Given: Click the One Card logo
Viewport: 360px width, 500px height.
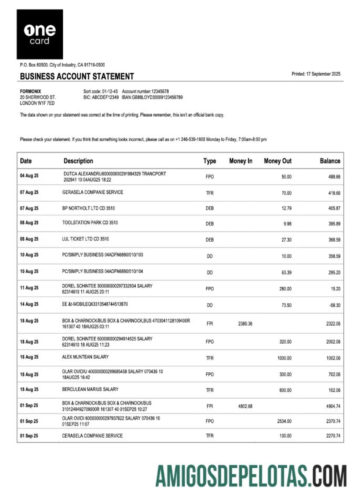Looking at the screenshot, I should (x=39, y=34).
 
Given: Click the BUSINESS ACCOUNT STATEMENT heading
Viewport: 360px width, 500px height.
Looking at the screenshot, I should (x=77, y=76).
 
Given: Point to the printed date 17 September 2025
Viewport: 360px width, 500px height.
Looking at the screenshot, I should (x=316, y=74).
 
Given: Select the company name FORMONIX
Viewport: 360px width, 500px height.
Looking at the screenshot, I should (x=30, y=91).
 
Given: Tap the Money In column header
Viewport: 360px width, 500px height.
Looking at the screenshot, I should (x=241, y=161).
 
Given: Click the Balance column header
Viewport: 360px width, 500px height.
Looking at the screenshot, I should (x=330, y=161).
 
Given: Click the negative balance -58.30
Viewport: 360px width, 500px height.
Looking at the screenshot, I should (x=334, y=305).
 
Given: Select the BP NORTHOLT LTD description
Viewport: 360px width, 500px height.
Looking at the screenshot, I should (x=88, y=209).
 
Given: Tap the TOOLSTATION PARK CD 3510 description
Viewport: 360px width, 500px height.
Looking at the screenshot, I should (x=90, y=223).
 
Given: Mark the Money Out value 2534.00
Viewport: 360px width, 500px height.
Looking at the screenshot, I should (x=284, y=421).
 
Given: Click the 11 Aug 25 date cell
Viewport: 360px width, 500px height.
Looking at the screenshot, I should (x=29, y=288).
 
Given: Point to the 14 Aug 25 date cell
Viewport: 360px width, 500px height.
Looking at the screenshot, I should (x=29, y=305).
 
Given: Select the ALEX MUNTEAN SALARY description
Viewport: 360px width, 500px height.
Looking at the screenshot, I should (x=86, y=357).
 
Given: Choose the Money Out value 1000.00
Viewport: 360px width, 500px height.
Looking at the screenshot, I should (x=284, y=358).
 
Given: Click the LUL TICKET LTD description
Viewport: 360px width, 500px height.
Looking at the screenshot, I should (x=86, y=239).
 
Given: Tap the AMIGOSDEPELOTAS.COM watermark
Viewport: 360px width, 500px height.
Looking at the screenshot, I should (x=251, y=476).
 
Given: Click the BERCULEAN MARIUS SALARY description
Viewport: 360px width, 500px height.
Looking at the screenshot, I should (x=90, y=390).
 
